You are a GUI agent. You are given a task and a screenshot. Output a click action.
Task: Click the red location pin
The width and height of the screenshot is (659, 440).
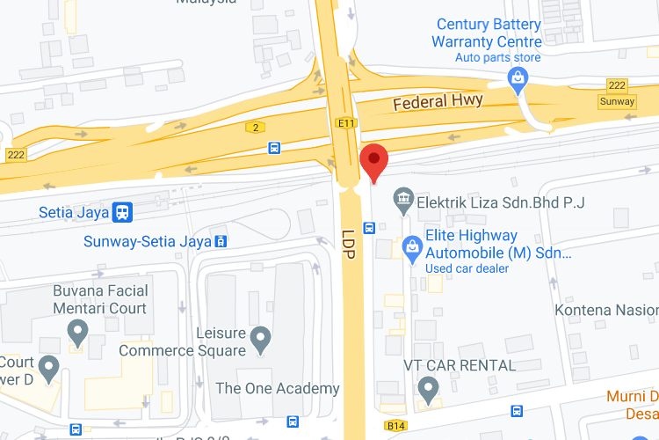(x=375, y=161)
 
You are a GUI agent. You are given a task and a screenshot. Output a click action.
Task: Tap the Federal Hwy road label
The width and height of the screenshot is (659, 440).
(x=438, y=102)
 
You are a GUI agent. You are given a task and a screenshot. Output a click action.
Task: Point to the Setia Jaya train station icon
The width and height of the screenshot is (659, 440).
(x=123, y=212)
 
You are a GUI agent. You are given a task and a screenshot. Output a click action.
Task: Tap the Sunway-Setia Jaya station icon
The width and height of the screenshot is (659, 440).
(x=221, y=240)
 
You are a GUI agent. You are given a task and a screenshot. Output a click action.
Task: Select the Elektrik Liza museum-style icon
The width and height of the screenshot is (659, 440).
(x=403, y=201)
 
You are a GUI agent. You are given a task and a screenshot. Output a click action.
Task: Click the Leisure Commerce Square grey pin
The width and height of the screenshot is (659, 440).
(x=259, y=337)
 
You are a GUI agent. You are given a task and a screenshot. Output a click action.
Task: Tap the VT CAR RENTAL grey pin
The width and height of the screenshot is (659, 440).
(x=428, y=386)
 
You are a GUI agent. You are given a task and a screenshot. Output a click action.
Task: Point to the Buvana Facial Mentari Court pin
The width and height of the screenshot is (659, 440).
(x=78, y=332)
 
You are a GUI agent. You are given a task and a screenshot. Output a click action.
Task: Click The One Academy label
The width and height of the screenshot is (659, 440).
(x=278, y=388)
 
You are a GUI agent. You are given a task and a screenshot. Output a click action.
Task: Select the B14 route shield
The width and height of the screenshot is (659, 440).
(x=395, y=426)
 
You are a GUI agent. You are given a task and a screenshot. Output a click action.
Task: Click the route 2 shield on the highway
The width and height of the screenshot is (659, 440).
(x=256, y=128)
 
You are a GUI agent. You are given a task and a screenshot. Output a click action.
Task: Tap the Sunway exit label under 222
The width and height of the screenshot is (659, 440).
(x=617, y=101)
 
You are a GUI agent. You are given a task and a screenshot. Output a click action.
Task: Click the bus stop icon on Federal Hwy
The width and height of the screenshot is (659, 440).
(x=274, y=148)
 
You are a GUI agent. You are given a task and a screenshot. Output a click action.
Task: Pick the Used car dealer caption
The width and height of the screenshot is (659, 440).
(x=467, y=268)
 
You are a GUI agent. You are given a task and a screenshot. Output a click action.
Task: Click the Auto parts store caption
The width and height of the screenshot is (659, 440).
(x=496, y=58)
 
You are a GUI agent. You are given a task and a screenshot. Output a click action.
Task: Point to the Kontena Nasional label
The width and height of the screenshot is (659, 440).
(x=606, y=311)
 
